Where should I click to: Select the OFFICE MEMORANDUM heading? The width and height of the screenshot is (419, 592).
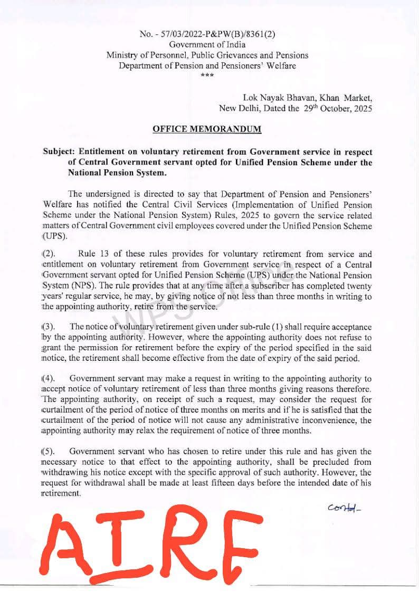207,129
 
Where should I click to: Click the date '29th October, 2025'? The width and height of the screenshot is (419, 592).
337,109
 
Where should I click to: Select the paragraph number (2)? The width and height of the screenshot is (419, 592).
49,254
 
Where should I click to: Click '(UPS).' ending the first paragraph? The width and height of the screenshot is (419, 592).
54,236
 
